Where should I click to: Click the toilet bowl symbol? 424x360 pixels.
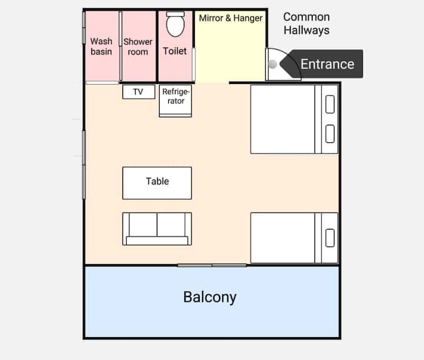point(175,26)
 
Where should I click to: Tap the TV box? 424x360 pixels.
point(139,92)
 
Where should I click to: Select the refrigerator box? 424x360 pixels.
point(175,101)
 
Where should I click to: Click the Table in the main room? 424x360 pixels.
point(157,183)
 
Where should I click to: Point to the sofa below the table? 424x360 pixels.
point(157,229)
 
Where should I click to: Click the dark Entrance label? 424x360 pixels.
point(322,64)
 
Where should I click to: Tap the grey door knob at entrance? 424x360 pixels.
point(273,64)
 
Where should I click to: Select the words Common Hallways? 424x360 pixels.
point(306,24)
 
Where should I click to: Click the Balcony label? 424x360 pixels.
point(210,297)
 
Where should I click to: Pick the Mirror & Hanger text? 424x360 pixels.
point(231,18)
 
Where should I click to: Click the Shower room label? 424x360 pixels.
point(138,46)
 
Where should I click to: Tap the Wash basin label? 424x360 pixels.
point(101,46)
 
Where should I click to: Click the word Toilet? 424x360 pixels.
point(175,51)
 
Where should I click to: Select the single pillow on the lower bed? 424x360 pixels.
point(330,238)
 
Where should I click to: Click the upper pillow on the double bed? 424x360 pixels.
point(330,104)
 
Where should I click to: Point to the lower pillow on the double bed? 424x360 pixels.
point(330,134)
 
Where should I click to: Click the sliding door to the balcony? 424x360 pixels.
point(212,265)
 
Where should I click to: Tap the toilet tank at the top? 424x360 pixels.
point(175,14)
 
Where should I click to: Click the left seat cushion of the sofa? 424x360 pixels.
point(143,225)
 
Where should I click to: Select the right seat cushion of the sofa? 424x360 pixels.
point(171,225)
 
